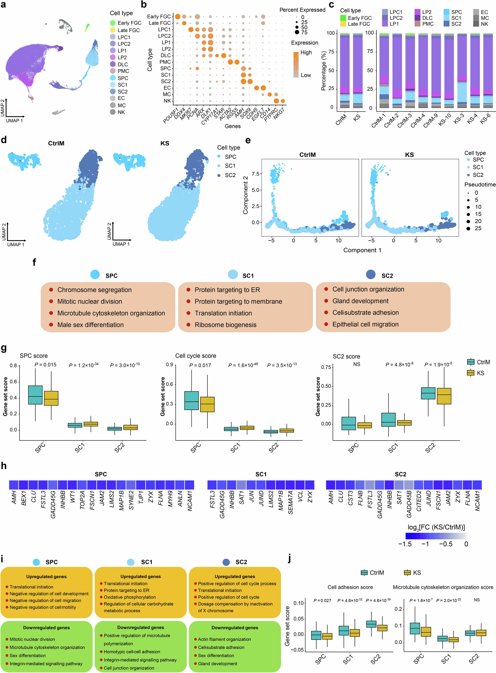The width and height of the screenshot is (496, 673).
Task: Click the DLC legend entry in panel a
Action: click(x=122, y=64)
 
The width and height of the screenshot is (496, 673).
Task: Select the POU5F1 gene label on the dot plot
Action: click(x=171, y=116)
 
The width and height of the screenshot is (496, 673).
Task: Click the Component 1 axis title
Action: click(x=362, y=250)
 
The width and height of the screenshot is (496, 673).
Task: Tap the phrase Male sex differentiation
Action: click(x=90, y=325)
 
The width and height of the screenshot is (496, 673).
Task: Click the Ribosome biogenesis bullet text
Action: click(x=226, y=325)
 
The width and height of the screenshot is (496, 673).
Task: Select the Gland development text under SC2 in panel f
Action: click(x=360, y=301)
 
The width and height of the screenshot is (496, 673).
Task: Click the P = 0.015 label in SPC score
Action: click(x=45, y=365)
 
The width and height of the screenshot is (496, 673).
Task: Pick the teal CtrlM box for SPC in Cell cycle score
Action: click(x=191, y=400)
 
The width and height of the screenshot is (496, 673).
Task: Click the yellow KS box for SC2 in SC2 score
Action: click(x=444, y=396)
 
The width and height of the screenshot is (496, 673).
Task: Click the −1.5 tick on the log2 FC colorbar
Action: click(x=405, y=544)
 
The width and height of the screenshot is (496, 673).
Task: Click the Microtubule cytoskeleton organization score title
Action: click(x=443, y=587)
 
